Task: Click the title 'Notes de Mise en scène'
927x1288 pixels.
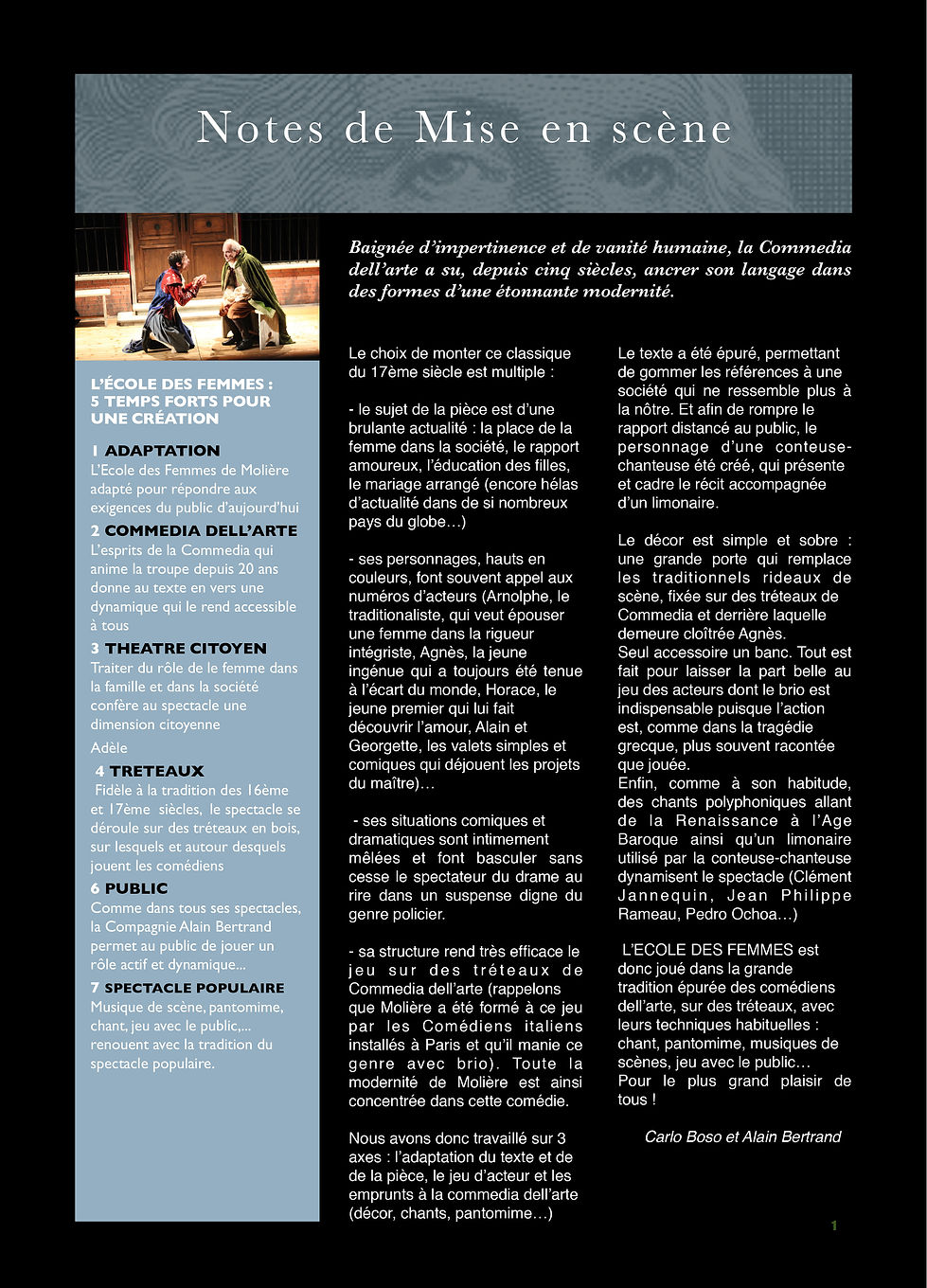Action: [x=464, y=129]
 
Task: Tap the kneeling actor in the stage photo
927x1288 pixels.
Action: [x=170, y=298]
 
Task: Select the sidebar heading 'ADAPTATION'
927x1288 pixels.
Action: [x=162, y=451]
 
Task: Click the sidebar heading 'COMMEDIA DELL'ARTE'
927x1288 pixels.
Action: [x=201, y=530]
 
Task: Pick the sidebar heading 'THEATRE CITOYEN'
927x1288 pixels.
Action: [x=186, y=649]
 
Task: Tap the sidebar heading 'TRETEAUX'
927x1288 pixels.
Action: [x=156, y=771]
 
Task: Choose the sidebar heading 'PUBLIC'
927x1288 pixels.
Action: [x=135, y=888]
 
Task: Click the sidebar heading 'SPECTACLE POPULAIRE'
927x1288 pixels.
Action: [x=194, y=988]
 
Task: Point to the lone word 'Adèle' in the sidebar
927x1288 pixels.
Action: [x=109, y=747]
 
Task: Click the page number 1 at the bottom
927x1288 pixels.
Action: [x=834, y=1225]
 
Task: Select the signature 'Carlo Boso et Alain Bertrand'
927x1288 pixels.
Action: [x=742, y=1136]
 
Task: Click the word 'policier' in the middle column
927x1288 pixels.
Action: [x=416, y=914]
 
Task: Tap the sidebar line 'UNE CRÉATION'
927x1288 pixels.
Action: [x=154, y=419]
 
